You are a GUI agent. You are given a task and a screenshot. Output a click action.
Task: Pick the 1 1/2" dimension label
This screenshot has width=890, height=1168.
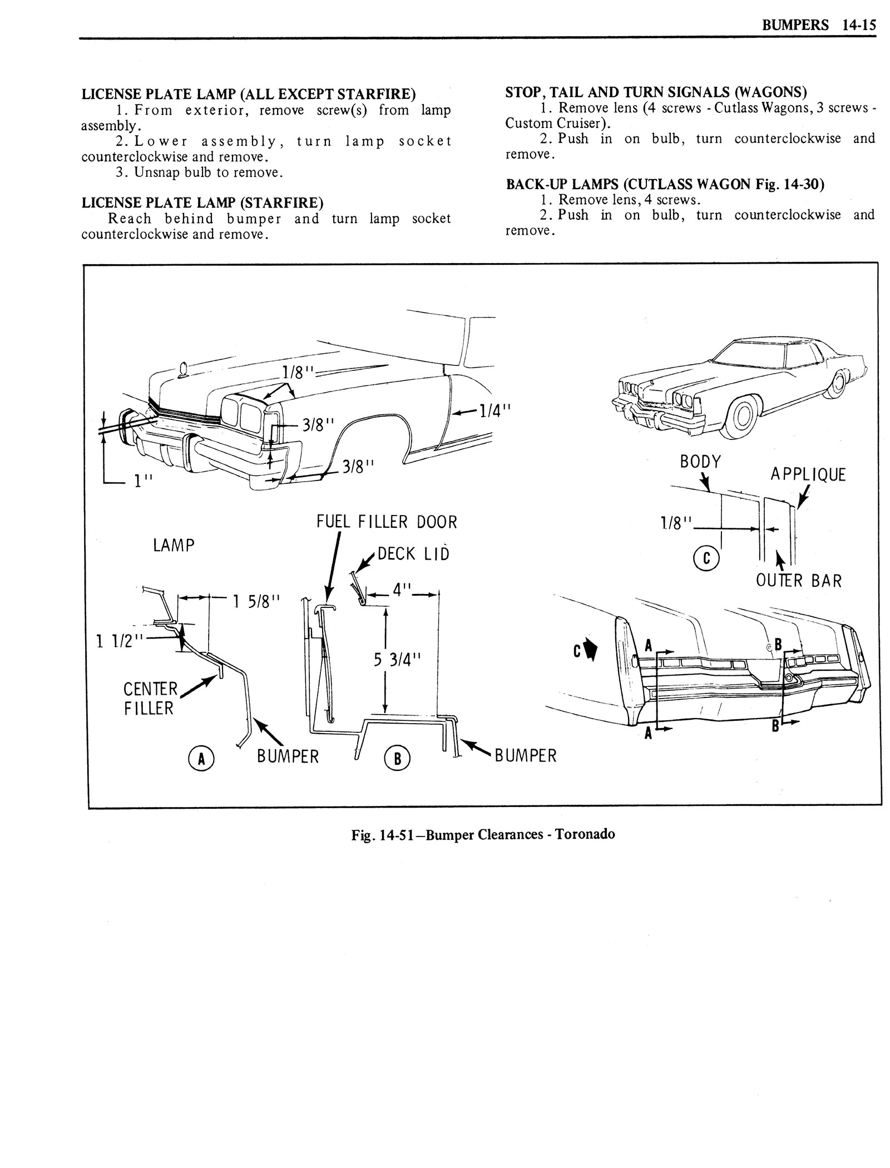[120, 641]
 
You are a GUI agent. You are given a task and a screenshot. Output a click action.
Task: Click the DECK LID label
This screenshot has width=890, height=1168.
[413, 554]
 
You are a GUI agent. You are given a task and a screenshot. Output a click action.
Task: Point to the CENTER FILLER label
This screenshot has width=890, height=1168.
[150, 699]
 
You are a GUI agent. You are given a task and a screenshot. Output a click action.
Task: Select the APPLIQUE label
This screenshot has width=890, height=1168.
[808, 474]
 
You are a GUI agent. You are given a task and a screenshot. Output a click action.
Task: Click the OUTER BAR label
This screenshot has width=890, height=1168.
[799, 581]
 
